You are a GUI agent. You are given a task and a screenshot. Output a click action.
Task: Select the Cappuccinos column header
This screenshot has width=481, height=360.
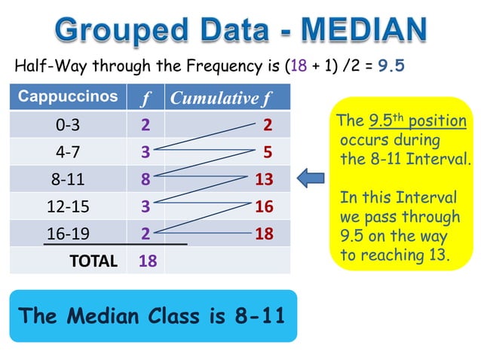pos(68,97)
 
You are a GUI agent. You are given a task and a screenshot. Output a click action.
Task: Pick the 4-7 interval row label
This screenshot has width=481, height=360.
pos(69,152)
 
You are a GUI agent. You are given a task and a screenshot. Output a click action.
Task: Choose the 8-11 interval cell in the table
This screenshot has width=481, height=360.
pos(69,179)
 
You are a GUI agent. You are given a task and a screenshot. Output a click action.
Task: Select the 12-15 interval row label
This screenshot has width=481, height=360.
pos(69,206)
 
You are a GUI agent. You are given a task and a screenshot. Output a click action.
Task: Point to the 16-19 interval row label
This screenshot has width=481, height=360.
pos(69,233)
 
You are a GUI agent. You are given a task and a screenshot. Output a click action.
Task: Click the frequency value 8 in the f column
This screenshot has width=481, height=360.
pos(145,179)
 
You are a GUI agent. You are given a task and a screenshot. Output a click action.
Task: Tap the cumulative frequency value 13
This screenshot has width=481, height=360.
pos(264,179)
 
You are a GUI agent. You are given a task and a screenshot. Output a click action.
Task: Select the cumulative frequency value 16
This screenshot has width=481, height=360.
pos(264,206)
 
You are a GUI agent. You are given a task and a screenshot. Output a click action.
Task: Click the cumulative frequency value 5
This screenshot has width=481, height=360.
pos(268,152)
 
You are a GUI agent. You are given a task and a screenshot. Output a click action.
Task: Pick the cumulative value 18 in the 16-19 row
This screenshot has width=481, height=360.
pos(264,233)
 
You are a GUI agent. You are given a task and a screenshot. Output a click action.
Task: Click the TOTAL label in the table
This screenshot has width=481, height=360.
pos(93,261)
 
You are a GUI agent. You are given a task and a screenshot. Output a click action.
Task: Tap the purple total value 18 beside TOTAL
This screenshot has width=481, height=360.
pos(148,261)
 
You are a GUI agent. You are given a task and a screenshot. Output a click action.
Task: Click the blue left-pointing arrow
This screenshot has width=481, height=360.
pos(311,178)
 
